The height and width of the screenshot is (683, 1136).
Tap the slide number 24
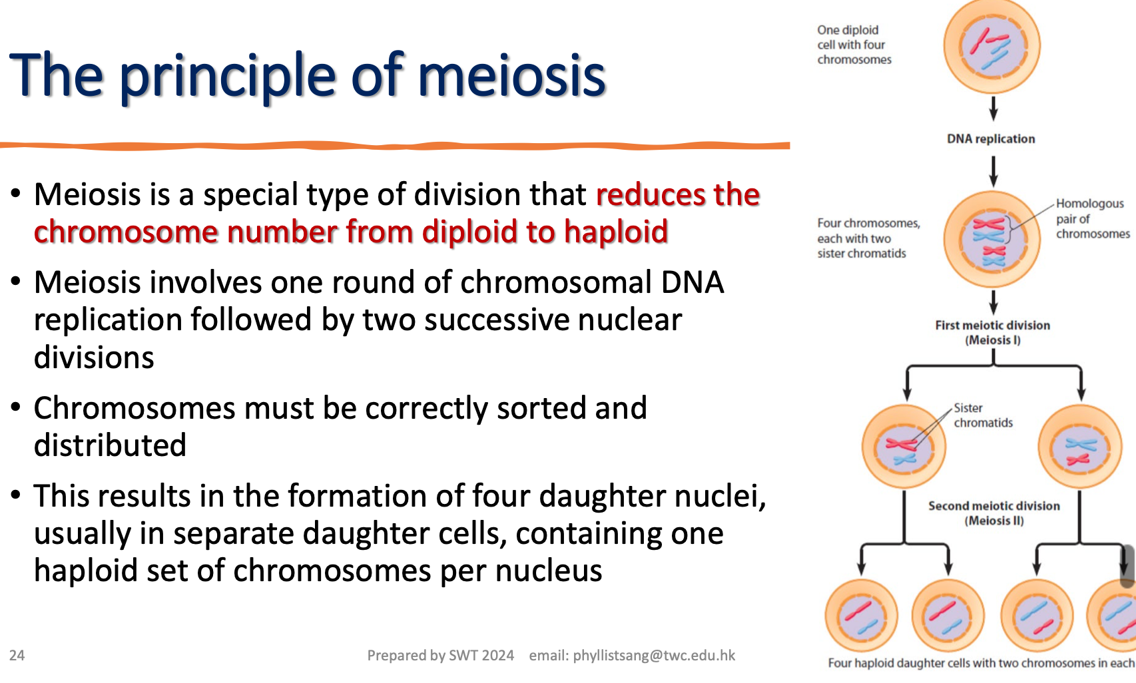tap(17, 655)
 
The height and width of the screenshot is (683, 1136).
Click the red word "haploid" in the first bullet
tap(615, 232)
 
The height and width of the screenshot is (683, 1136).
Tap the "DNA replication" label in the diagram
tap(991, 139)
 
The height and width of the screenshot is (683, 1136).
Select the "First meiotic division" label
tap(992, 326)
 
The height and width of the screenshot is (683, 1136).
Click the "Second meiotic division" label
tap(994, 506)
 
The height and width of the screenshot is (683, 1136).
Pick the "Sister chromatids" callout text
tap(982, 415)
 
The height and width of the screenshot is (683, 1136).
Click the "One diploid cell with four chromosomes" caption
tap(853, 45)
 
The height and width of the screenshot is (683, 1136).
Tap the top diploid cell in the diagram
tap(992, 46)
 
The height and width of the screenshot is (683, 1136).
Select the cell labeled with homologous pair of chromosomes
tap(992, 240)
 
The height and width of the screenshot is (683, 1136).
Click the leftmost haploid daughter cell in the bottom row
tap(861, 616)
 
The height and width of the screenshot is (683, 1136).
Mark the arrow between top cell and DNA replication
tap(993, 108)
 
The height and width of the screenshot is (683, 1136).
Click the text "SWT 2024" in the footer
tap(481, 656)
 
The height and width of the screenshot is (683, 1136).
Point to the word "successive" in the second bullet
tap(496, 320)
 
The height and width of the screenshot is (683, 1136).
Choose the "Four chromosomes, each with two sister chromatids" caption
tap(867, 238)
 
